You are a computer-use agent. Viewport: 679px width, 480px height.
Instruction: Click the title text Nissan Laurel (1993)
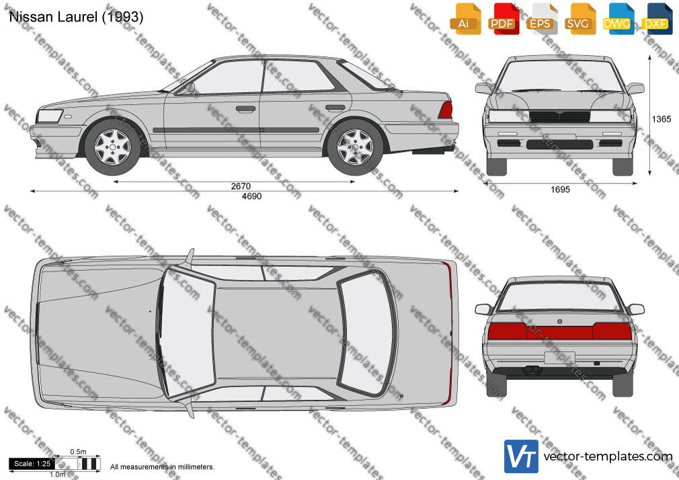pos(76,17)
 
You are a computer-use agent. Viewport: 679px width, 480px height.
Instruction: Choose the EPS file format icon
pos(541,19)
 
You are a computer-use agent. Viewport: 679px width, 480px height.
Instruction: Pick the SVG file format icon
pos(580,19)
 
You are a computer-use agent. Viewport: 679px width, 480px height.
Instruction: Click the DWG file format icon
pos(618,19)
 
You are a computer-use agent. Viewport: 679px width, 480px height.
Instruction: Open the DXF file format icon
pos(656,19)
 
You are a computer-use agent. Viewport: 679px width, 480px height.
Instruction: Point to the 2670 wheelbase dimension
pos(241,186)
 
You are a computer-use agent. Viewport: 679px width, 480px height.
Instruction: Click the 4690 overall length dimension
pos(251,196)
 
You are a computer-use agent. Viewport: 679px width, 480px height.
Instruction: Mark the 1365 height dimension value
pos(662,119)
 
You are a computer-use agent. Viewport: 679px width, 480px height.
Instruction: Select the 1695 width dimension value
pos(561,190)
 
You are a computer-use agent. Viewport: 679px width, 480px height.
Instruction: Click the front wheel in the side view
pos(112,147)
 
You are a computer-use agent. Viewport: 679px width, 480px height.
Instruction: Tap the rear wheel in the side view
pos(355,147)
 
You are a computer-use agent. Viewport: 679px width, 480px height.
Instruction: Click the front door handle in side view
pos(245,109)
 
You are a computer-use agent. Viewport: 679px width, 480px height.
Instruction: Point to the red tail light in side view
pos(446,110)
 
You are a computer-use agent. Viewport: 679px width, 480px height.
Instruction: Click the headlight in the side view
pos(50,116)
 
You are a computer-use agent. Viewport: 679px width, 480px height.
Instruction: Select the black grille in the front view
pos(559,116)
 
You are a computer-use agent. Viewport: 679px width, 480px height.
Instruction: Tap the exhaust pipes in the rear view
pos(532,370)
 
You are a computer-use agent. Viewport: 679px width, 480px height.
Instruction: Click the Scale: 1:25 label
pos(32,464)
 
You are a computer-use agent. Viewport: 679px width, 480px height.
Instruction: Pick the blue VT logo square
pos(522,456)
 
